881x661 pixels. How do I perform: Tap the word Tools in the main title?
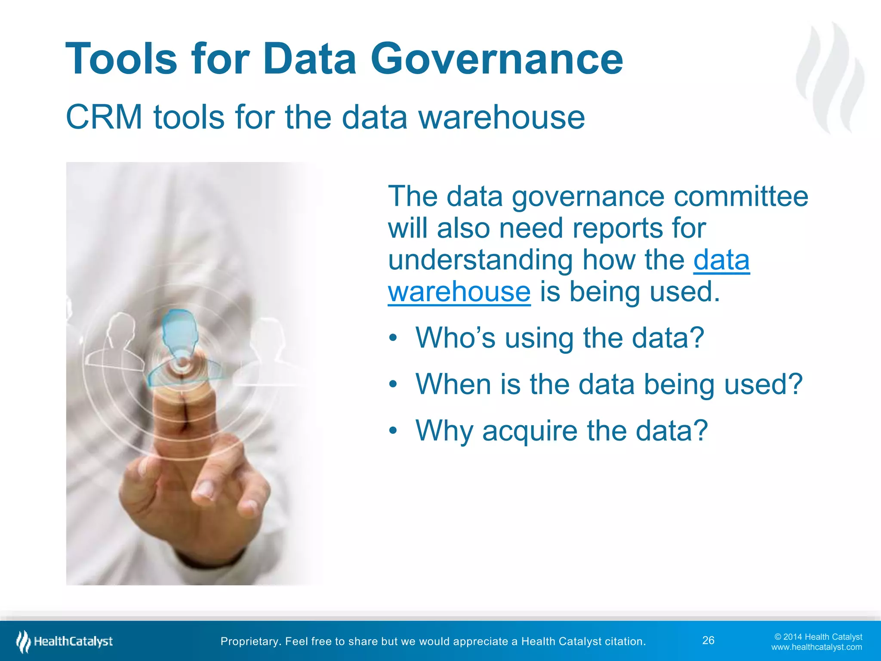pyautogui.click(x=121, y=59)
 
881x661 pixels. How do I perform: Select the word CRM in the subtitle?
pyautogui.click(x=104, y=117)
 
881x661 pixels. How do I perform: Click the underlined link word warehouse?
pyautogui.click(x=459, y=292)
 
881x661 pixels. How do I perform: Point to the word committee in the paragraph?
pyautogui.click(x=741, y=196)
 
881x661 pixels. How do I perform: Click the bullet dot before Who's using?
pyautogui.click(x=392, y=338)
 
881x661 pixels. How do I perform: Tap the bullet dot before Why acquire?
pyautogui.click(x=392, y=431)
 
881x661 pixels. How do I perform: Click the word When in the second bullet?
pyautogui.click(x=453, y=384)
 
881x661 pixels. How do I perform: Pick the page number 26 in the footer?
pyautogui.click(x=708, y=640)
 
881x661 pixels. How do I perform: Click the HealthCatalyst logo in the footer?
pyautogui.click(x=65, y=642)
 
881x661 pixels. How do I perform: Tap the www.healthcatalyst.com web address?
pyautogui.click(x=816, y=647)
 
